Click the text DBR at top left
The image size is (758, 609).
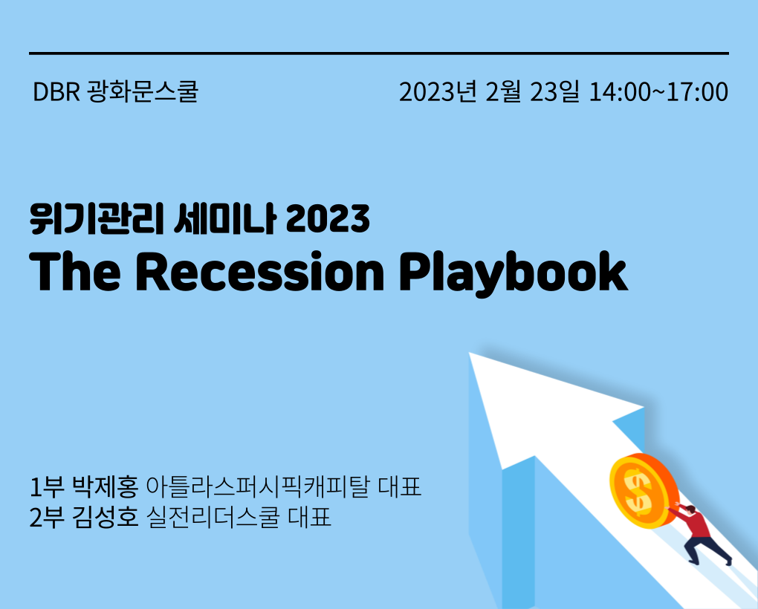pos(56,92)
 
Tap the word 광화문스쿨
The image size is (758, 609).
pos(143,91)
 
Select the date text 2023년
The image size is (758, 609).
pos(438,92)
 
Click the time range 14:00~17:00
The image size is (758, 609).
pos(658,92)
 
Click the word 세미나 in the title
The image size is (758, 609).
pos(224,219)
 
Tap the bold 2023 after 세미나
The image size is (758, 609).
pos(328,219)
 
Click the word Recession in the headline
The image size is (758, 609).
pos(260,271)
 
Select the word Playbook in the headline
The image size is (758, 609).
pos(513,274)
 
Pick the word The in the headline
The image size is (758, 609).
pos(75,271)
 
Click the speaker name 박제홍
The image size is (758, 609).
pos(106,486)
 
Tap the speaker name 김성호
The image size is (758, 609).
pos(106,517)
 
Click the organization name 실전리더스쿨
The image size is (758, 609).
pos(213,517)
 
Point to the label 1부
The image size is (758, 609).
pos(46,486)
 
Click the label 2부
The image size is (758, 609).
pos(46,517)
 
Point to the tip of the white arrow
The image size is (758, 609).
pos(470,353)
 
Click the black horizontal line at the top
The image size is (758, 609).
pos(379,53)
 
